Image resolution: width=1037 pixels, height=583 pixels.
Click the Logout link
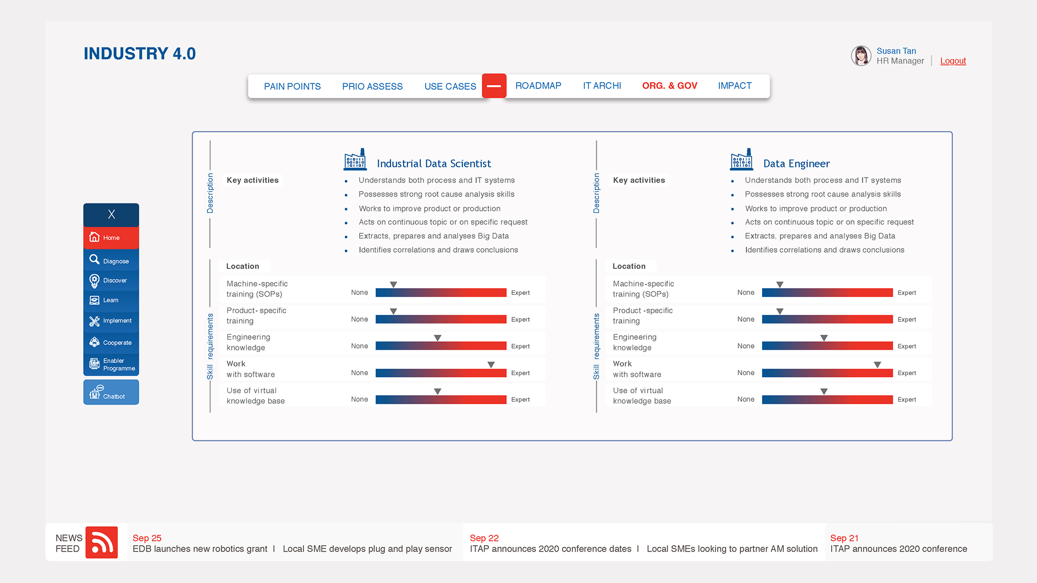click(x=953, y=61)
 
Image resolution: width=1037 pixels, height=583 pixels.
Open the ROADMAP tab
click(x=538, y=86)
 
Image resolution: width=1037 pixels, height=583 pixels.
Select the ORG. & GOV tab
click(x=669, y=86)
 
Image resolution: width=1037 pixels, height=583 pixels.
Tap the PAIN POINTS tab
click(x=292, y=86)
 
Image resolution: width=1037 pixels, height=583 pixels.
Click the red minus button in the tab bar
click(x=494, y=86)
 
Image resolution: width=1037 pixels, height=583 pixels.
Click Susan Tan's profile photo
click(x=861, y=56)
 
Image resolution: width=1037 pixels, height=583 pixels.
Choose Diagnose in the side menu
click(x=111, y=261)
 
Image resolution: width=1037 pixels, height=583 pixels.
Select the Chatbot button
click(x=111, y=392)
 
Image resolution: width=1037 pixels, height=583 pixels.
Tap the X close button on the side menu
click(x=111, y=214)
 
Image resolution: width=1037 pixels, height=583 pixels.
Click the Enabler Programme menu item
click(x=111, y=364)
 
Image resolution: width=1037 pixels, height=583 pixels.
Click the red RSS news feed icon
click(x=102, y=543)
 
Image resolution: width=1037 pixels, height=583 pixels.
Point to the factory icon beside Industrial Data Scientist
click(x=355, y=160)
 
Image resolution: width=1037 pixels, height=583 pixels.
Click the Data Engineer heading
click(x=796, y=164)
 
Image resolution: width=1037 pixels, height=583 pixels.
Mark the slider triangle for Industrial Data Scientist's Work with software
click(x=491, y=365)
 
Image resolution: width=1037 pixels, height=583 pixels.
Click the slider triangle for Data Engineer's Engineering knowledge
click(x=824, y=338)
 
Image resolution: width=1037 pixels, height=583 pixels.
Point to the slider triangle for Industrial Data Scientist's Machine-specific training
click(x=394, y=284)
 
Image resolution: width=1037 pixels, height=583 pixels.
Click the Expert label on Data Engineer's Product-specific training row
click(x=906, y=320)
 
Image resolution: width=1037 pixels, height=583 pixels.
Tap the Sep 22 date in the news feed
click(x=484, y=538)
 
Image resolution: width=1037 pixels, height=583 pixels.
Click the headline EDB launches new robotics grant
click(x=200, y=549)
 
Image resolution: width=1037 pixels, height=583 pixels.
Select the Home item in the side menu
click(x=111, y=238)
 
